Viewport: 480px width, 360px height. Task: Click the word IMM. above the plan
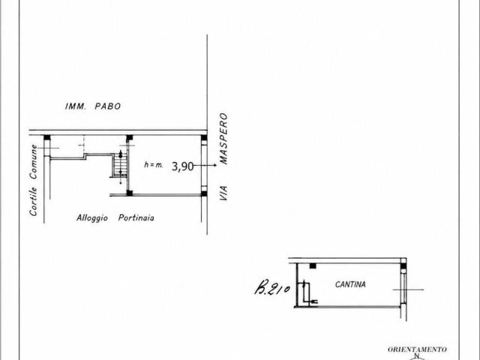pyautogui.click(x=75, y=106)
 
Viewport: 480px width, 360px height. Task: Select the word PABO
pyautogui.click(x=108, y=106)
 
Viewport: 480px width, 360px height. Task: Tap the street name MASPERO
pyautogui.click(x=224, y=139)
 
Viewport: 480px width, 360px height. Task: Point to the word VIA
pyautogui.click(x=223, y=193)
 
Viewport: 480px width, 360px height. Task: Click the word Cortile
pyautogui.click(x=33, y=202)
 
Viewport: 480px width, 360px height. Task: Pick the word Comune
pyautogui.click(x=33, y=162)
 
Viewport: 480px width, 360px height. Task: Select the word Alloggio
pyautogui.click(x=92, y=218)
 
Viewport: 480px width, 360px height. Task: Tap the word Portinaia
pyautogui.click(x=136, y=217)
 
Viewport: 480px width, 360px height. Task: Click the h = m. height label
pyautogui.click(x=154, y=165)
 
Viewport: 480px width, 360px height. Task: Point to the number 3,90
pyautogui.click(x=182, y=166)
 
